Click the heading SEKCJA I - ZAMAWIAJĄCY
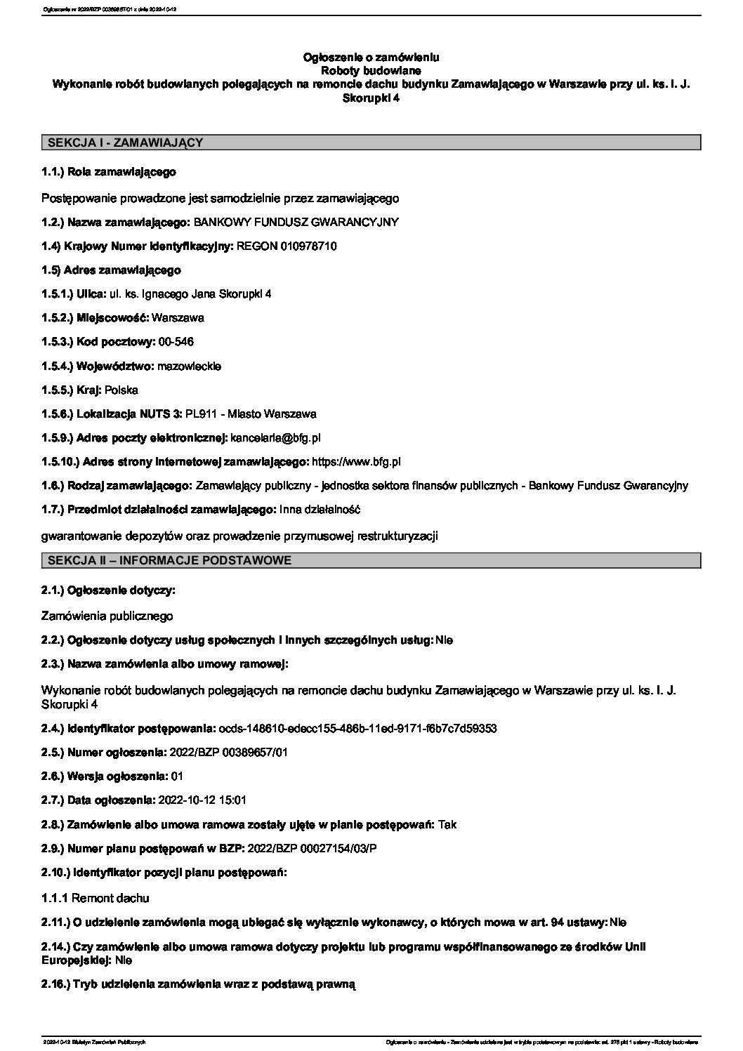(125, 143)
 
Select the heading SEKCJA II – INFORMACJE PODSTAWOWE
(169, 560)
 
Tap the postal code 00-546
(176, 342)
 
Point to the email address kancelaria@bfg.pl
(276, 437)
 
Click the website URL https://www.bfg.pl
(356, 461)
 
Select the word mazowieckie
(190, 366)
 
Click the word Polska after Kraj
(121, 390)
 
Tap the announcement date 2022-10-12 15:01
(203, 800)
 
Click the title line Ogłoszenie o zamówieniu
(371, 57)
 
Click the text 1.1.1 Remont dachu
(96, 897)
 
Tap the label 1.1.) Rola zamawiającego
(109, 171)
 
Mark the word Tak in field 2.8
(447, 824)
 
